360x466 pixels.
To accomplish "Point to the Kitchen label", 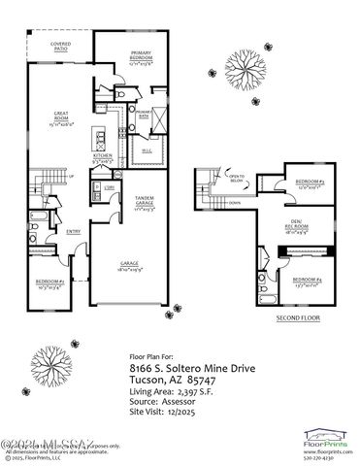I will [x=104, y=155].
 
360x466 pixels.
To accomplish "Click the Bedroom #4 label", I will [x=305, y=283].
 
